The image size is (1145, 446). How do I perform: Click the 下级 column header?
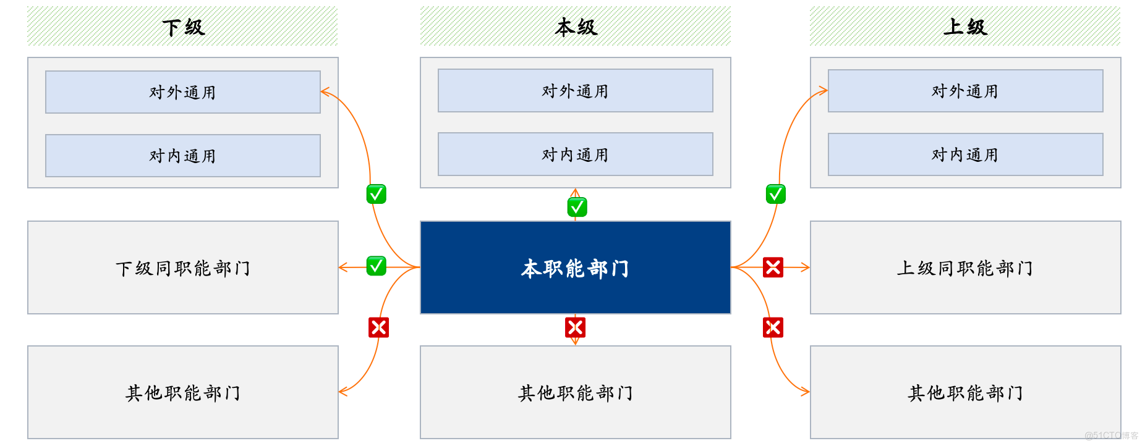coord(182,27)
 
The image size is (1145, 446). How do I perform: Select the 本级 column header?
coord(575,27)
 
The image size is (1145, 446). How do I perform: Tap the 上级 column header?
coord(964,27)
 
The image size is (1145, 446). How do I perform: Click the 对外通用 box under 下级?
coord(182,92)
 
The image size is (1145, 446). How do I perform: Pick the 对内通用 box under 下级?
coord(182,156)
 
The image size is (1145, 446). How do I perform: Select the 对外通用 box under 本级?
coord(575,91)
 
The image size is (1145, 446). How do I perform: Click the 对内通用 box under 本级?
coord(575,154)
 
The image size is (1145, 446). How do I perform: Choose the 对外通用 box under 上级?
coord(965,91)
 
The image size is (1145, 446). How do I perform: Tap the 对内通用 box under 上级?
coord(965,154)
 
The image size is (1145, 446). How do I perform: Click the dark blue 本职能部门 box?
coord(575,268)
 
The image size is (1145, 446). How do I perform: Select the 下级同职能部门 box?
coord(182,268)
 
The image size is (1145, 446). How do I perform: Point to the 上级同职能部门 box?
coord(965,268)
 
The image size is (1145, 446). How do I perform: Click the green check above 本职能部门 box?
coord(577,207)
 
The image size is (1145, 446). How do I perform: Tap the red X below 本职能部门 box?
coord(575,327)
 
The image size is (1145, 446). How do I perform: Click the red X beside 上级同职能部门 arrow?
coord(773,267)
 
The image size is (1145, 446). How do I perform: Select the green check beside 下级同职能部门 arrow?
coord(376,266)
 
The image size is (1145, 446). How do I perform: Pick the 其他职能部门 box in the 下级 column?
coord(182,393)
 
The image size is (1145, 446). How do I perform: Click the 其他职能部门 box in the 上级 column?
coord(965,393)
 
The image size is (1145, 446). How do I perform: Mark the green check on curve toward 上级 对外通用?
coord(775,194)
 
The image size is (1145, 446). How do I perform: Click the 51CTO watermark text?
coord(1111,435)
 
